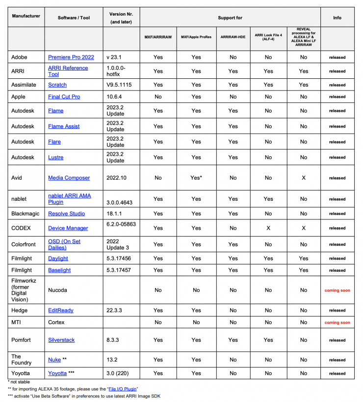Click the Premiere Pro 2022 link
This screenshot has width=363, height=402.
pyautogui.click(x=71, y=57)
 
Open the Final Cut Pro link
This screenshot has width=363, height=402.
pyautogui.click(x=64, y=96)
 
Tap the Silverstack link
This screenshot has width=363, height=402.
pyautogui.click(x=61, y=340)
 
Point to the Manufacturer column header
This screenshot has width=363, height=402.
pyautogui.click(x=26, y=18)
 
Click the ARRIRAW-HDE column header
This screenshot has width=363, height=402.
pyautogui.click(x=233, y=37)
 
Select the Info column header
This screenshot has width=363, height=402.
pyautogui.click(x=337, y=18)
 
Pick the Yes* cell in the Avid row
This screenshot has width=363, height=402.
pyautogui.click(x=196, y=178)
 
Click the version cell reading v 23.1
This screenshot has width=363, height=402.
pyautogui.click(x=114, y=57)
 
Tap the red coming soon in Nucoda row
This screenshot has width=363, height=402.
pyautogui.click(x=337, y=290)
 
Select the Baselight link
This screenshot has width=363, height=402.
pyautogui.click(x=59, y=270)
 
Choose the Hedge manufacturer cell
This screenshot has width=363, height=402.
pyautogui.click(x=20, y=310)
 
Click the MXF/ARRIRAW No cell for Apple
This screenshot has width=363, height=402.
pyautogui.click(x=158, y=96)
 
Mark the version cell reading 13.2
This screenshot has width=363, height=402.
pyautogui.click(x=112, y=359)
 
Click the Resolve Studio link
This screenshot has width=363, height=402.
pyautogui.click(x=66, y=213)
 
